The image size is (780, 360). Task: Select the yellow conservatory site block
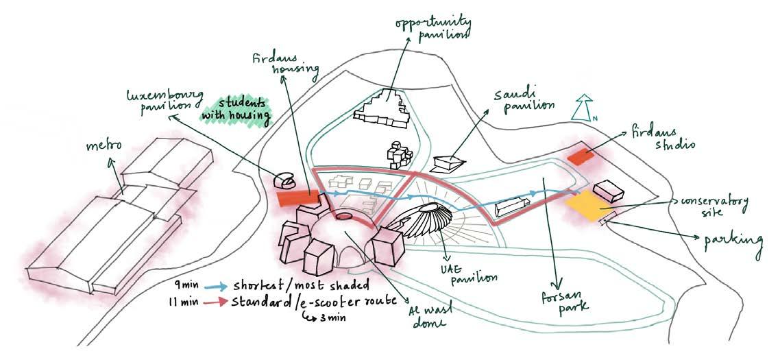coord(587,206)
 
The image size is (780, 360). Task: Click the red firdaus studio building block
coord(583,156)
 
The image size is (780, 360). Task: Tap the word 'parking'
coord(733,241)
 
